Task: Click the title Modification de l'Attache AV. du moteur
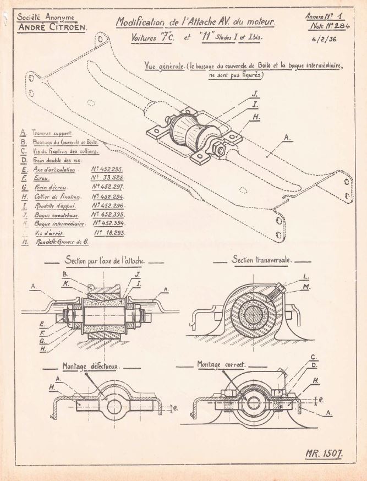[196, 23]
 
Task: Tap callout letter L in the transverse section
[306, 277]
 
